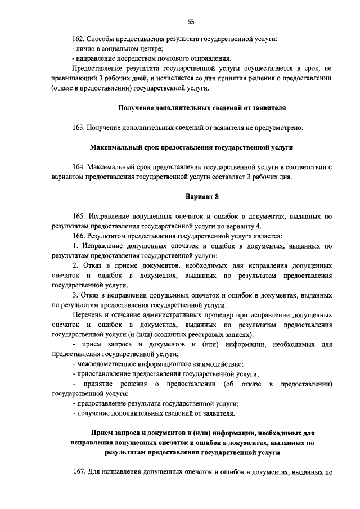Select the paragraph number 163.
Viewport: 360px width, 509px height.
click(79, 128)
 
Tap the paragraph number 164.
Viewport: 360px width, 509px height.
click(79, 168)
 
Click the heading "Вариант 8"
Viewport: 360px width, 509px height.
click(202, 196)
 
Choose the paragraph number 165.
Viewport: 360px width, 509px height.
click(79, 216)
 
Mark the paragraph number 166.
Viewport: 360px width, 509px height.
click(79, 236)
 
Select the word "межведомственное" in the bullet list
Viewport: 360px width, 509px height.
click(105, 364)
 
